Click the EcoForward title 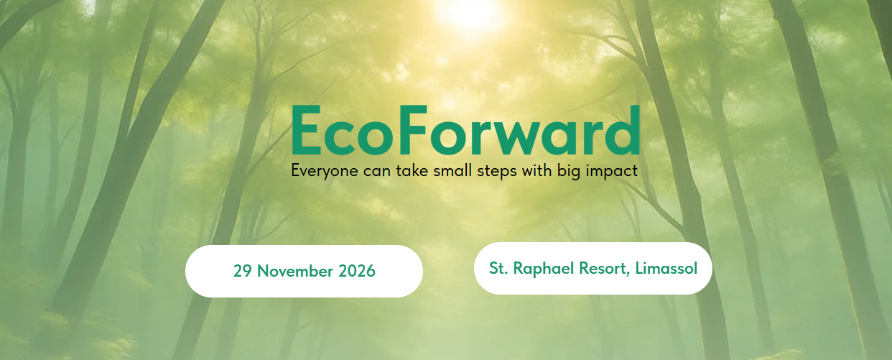466,130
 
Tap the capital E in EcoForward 307,130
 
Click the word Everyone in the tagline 325,171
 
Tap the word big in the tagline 569,171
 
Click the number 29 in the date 243,271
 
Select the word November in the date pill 295,271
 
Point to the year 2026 357,271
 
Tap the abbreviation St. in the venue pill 498,269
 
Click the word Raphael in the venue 544,269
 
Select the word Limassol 666,268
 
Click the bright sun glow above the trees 469,12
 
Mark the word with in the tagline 536,170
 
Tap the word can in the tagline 378,172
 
